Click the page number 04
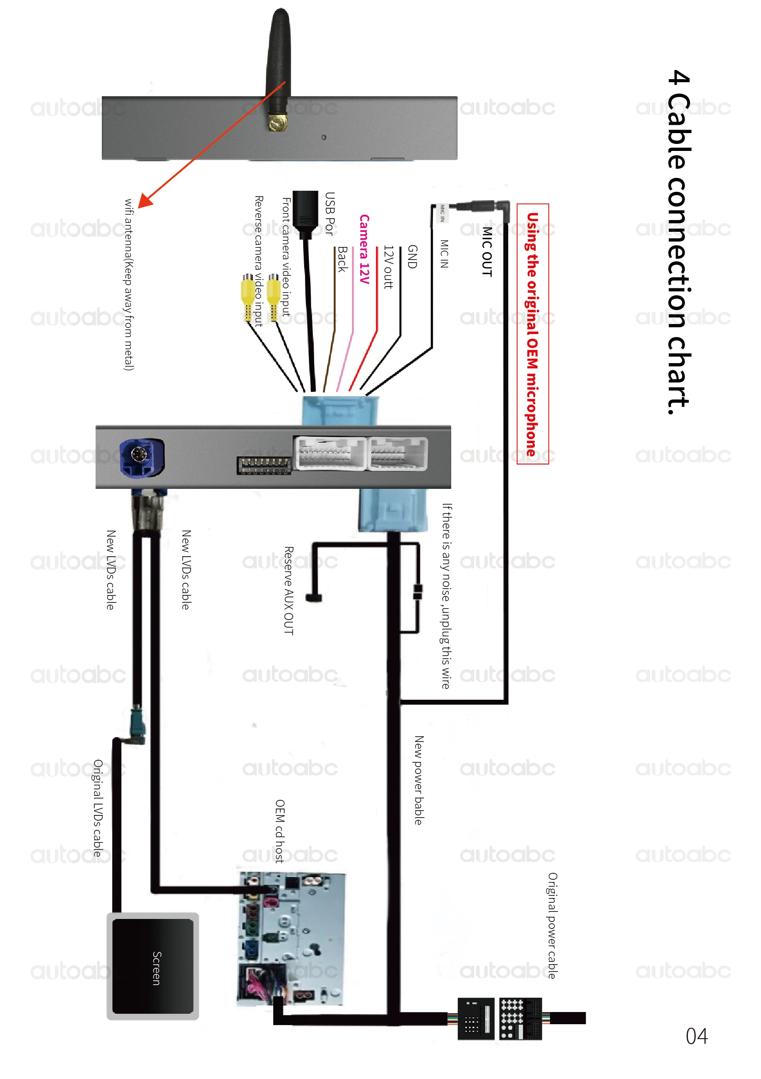696,1036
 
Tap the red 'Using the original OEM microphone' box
532,334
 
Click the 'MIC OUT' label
487,251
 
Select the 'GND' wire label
412,257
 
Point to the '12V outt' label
388,267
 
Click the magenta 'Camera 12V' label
364,249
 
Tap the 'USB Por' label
329,214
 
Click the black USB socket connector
305,209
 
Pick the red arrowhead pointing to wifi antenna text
145,200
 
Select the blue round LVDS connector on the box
141,457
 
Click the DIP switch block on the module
264,465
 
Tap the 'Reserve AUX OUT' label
288,590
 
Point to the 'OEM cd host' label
279,831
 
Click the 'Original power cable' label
552,925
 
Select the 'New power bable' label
418,780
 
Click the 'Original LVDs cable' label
97,808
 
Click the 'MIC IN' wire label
444,254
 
